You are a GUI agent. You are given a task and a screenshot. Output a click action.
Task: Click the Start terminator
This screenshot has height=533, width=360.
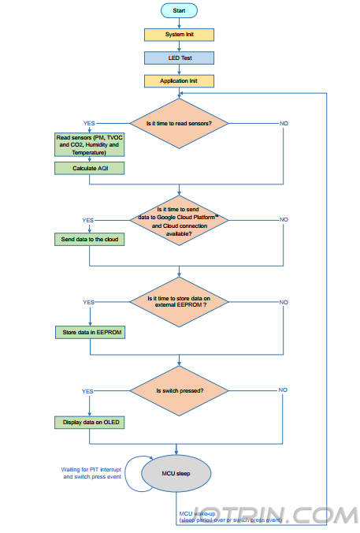pyautogui.click(x=179, y=10)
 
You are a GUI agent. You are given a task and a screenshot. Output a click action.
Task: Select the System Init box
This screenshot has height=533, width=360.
pyautogui.click(x=179, y=35)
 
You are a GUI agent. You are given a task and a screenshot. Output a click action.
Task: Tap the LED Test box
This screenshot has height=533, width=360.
pyautogui.click(x=179, y=58)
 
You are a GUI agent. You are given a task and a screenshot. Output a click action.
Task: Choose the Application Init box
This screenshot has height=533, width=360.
pyautogui.click(x=179, y=81)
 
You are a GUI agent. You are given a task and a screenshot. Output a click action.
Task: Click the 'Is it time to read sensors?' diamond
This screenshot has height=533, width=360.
pyautogui.click(x=179, y=123)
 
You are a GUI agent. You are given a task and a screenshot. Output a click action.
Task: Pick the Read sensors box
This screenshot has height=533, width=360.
pyautogui.click(x=89, y=145)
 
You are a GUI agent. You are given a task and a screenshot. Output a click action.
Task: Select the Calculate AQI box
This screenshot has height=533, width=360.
pyautogui.click(x=89, y=168)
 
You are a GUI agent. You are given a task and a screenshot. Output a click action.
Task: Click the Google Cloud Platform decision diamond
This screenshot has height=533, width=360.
pyautogui.click(x=179, y=220)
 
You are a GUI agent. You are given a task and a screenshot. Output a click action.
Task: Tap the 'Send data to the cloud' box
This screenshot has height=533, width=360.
pyautogui.click(x=89, y=240)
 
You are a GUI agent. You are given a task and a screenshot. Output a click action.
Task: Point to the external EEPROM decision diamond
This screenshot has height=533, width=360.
pyautogui.click(x=179, y=302)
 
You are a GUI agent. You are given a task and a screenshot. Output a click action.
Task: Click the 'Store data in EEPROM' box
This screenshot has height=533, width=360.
pyautogui.click(x=91, y=333)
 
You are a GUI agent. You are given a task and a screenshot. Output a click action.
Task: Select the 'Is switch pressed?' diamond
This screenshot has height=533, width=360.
pyautogui.click(x=179, y=391)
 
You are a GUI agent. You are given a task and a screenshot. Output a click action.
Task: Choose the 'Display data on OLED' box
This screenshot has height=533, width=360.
pyautogui.click(x=89, y=423)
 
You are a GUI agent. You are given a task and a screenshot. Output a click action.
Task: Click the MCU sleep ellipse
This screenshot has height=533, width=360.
pyautogui.click(x=176, y=474)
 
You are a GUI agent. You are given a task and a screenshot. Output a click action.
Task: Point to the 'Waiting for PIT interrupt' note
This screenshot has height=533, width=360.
pyautogui.click(x=91, y=473)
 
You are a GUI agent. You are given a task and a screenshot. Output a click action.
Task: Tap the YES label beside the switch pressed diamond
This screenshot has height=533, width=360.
pyautogui.click(x=87, y=392)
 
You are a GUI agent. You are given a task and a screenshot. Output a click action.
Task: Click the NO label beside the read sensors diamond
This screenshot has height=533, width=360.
pyautogui.click(x=284, y=123)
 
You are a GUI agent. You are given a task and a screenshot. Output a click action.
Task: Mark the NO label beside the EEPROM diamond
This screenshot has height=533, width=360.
pyautogui.click(x=284, y=302)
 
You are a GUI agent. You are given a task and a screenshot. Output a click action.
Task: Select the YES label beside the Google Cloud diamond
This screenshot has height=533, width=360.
pyautogui.click(x=88, y=220)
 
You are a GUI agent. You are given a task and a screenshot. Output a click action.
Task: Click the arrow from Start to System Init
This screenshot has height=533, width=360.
pyautogui.click(x=179, y=23)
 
